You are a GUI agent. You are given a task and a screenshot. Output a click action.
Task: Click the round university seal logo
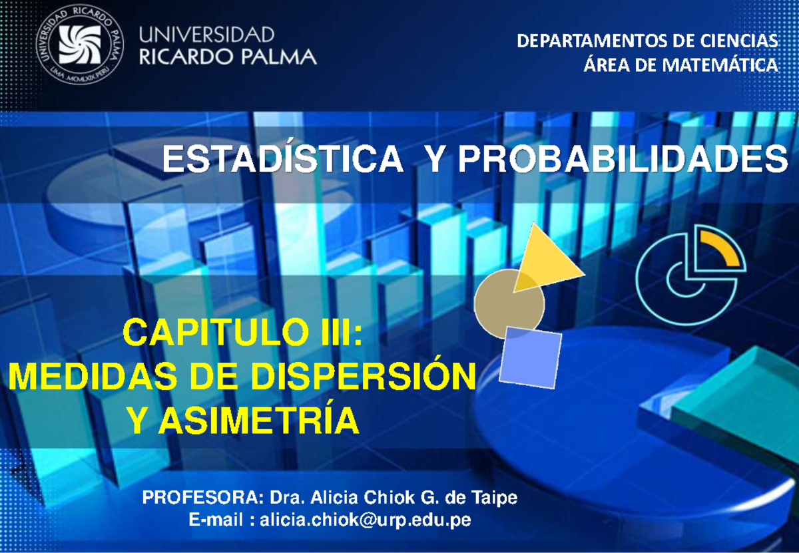(79, 45)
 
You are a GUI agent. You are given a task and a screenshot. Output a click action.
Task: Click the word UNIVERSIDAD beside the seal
(206, 34)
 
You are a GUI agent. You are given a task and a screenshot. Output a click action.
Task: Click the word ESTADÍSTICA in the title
(283, 160)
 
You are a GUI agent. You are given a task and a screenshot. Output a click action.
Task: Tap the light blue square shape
(530, 357)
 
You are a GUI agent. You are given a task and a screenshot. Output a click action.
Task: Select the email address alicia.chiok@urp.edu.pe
(366, 520)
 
